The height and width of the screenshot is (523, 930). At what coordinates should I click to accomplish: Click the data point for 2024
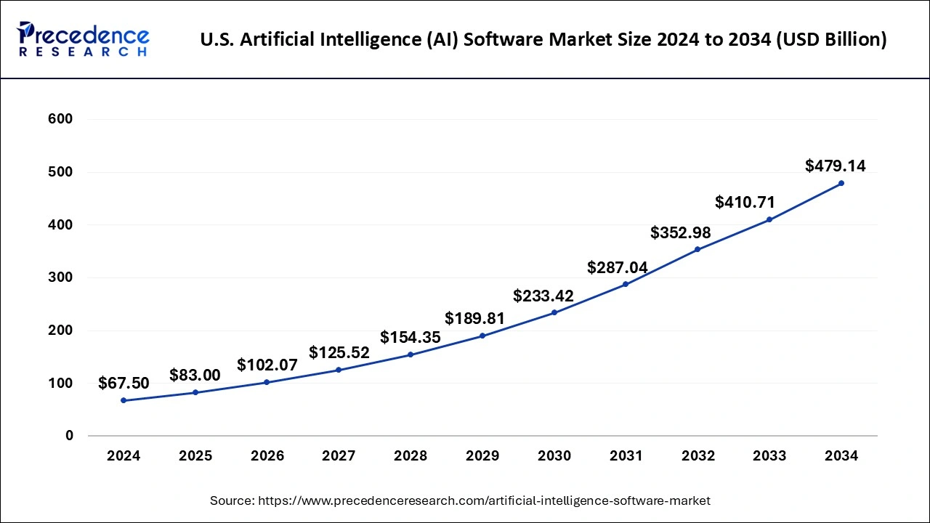point(124,400)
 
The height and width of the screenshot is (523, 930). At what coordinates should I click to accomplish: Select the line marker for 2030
point(554,312)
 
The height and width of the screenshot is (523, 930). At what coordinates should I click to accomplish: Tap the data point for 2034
point(841,183)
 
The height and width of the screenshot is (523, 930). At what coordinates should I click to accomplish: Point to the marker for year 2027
point(339,370)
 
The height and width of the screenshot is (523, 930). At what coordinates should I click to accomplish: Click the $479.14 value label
point(836,166)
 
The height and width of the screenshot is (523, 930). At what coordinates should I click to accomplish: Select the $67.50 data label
point(124,383)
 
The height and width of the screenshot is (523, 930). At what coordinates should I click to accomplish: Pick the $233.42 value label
point(543,296)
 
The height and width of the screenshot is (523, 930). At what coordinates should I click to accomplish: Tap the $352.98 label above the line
point(681,232)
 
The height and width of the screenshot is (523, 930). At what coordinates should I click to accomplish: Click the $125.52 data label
point(339,352)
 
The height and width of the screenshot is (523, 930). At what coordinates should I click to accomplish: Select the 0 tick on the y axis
point(70,436)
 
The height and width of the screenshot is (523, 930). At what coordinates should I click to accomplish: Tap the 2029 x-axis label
point(482,456)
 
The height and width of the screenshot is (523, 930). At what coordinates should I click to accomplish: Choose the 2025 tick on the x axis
point(195,456)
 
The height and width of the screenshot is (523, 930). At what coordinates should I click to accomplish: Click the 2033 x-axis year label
point(769,456)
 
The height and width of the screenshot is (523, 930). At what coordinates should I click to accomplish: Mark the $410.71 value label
point(745,201)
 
